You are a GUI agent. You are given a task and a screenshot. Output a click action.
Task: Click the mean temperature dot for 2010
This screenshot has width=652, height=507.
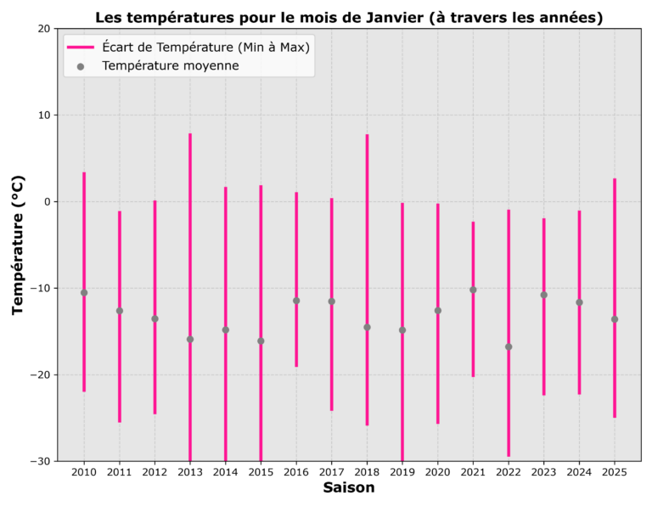point(84,293)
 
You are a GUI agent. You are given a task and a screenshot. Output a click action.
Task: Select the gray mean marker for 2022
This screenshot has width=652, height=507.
point(509,346)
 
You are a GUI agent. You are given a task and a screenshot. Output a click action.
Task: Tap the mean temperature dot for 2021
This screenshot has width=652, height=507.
point(473,290)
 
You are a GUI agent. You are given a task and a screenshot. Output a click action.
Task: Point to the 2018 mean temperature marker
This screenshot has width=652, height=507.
point(367,327)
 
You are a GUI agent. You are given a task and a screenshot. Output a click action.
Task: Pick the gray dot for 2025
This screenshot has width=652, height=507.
point(615,319)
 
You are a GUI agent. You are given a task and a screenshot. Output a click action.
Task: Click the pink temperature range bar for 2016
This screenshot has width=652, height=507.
point(296,255)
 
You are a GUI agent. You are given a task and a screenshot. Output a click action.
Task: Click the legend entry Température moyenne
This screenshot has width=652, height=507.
point(170,65)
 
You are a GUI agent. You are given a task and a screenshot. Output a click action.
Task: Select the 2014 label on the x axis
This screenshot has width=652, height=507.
point(225,472)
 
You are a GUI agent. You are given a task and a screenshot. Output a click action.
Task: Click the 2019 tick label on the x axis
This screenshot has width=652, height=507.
point(402,472)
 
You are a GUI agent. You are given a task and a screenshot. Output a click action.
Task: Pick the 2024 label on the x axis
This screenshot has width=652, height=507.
point(579,472)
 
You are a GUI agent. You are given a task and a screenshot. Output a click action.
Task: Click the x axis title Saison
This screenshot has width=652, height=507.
point(348,488)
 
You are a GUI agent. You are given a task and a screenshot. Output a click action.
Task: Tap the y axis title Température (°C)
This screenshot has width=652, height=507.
point(19,245)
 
